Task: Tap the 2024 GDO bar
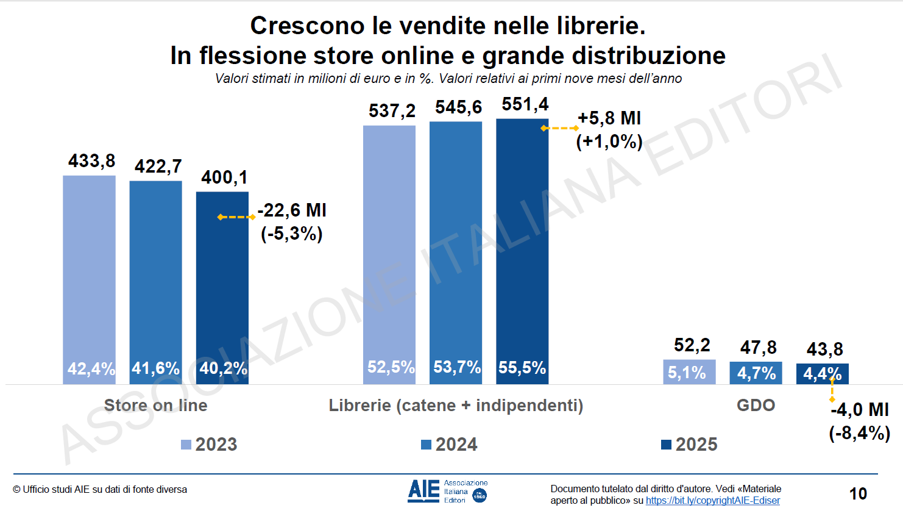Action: (756, 373)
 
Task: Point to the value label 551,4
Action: (525, 104)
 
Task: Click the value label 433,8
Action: (91, 161)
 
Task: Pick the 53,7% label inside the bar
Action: (456, 367)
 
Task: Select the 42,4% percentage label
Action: (90, 368)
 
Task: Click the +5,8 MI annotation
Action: (609, 118)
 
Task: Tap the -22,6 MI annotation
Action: (292, 210)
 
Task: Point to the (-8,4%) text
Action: (859, 433)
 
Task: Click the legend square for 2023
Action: (186, 445)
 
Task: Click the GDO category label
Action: (756, 406)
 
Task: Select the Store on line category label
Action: (155, 406)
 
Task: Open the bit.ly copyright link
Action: (712, 501)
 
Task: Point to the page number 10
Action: (858, 493)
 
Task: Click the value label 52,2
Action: (692, 345)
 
